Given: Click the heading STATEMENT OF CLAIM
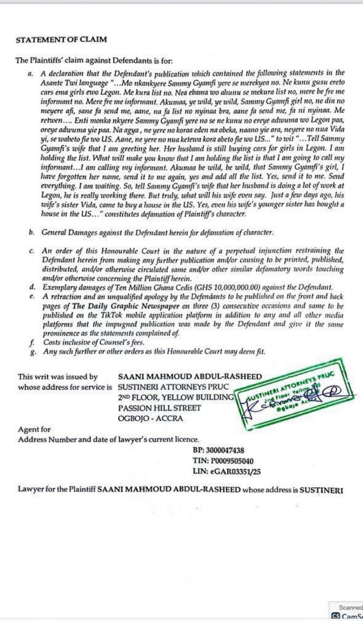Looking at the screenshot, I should pyautogui.click(x=61, y=40).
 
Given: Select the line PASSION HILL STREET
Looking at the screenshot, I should pyautogui.click(x=159, y=408).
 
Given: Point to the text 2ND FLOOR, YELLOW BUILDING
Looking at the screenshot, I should pyautogui.click(x=176, y=397).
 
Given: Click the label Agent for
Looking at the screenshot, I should pyautogui.click(x=34, y=429).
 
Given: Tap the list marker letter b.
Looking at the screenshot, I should pyautogui.click(x=31, y=233).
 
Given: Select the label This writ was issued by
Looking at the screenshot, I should pyautogui.click(x=58, y=377).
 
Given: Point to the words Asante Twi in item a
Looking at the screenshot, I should pyautogui.click(x=57, y=81).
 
